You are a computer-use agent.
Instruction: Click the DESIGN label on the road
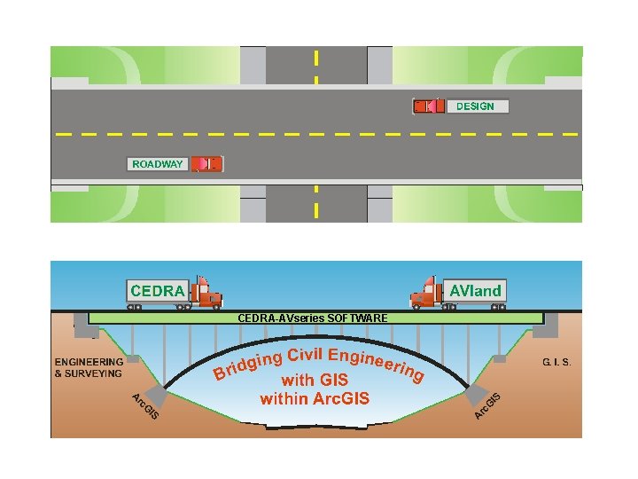coord(475,106)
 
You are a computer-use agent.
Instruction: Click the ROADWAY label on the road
coord(157,164)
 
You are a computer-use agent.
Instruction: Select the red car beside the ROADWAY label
coord(207,164)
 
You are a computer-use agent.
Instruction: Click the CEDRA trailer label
coord(158,291)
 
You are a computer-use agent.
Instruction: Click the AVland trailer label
coord(476,290)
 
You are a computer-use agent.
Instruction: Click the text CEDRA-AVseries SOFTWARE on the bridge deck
coord(313,318)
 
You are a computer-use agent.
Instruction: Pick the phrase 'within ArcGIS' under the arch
coord(314,398)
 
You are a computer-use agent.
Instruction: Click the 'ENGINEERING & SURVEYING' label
coord(89,368)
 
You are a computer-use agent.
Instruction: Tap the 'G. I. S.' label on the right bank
coord(556,363)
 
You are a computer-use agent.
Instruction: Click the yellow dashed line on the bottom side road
coord(316,203)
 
